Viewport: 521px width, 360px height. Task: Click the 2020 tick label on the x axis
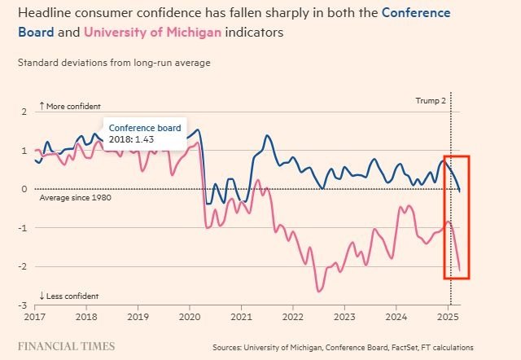[x=190, y=315]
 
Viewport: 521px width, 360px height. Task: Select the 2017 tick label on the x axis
[x=35, y=315]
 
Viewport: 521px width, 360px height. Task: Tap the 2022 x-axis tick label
[x=292, y=315]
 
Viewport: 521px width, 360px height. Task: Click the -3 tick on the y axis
[x=22, y=305]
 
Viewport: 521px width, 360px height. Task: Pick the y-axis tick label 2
[x=24, y=112]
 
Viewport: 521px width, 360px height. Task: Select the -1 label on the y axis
[x=22, y=228]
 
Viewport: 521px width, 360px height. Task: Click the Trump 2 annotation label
[x=431, y=101]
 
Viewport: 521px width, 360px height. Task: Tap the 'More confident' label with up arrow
[x=69, y=107]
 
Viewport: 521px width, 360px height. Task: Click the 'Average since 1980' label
[x=75, y=198]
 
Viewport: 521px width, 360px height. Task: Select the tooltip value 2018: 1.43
[x=132, y=140]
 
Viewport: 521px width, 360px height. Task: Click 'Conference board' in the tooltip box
[x=144, y=128]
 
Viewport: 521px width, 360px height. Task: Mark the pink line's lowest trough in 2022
[x=318, y=291]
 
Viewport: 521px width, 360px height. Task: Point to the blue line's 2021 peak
[x=268, y=136]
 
